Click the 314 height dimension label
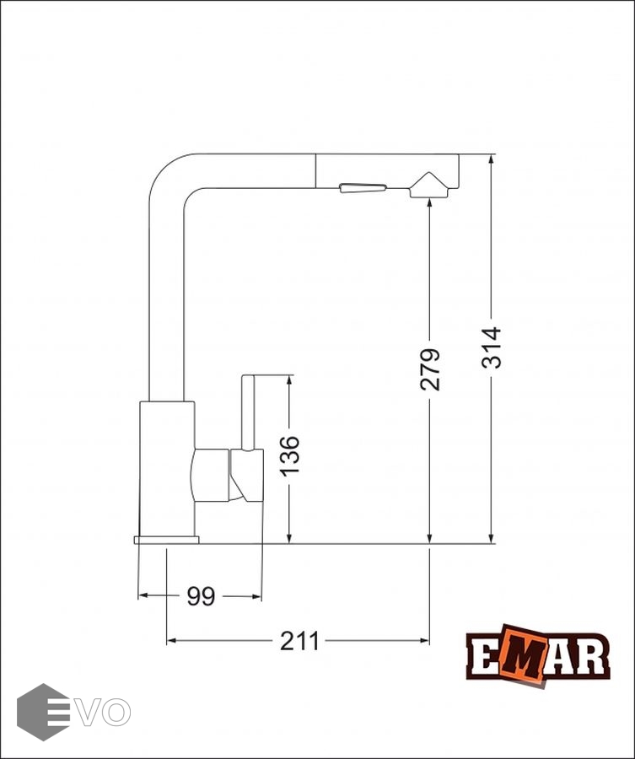coord(492,347)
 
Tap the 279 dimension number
coord(430,369)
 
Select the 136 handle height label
coord(289,456)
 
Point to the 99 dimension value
coord(201,596)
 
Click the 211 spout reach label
coord(299,642)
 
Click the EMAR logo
coord(538,655)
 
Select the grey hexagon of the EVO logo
coord(43,712)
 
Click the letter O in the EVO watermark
coord(116,712)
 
